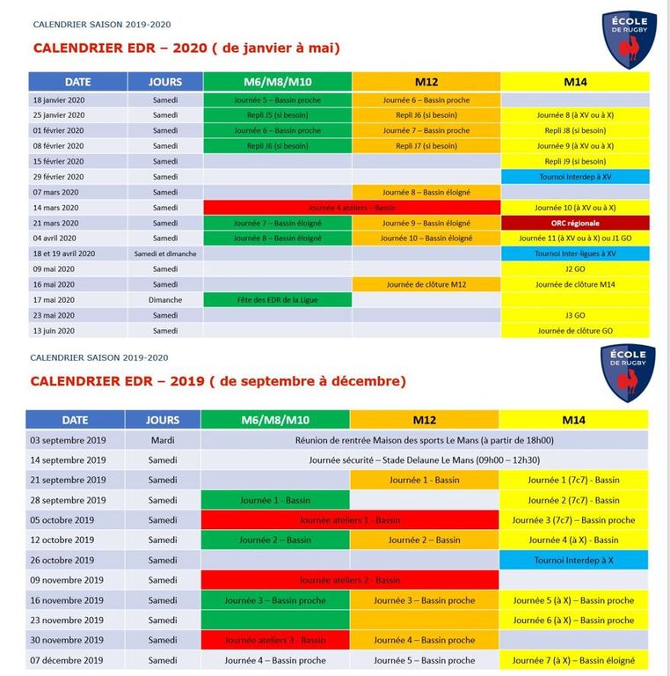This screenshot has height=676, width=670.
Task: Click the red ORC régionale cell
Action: (575, 223)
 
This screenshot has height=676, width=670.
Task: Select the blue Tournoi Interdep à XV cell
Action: (575, 177)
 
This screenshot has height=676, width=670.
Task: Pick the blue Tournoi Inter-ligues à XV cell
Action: (575, 253)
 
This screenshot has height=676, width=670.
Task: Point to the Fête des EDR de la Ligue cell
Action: (277, 300)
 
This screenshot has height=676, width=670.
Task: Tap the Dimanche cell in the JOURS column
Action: (164, 300)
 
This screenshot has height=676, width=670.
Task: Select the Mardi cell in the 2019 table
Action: (163, 440)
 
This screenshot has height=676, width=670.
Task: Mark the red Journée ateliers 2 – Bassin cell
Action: (350, 580)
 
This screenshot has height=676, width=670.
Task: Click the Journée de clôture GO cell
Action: (575, 331)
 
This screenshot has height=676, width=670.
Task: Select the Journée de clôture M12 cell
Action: (426, 284)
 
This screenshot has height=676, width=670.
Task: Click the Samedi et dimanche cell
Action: (164, 253)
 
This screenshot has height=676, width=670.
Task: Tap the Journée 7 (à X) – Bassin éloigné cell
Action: (573, 660)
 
